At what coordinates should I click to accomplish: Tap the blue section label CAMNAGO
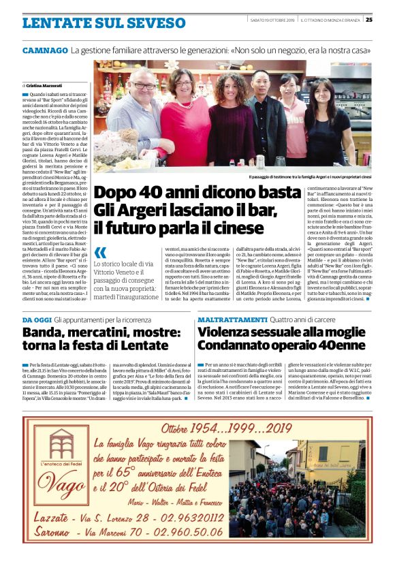[x=44, y=50]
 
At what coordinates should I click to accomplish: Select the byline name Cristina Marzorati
[x=44, y=84]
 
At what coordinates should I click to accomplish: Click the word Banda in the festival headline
[x=46, y=332]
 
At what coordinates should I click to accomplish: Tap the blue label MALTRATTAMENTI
[x=232, y=319]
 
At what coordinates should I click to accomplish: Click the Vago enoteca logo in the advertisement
[x=69, y=463]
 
